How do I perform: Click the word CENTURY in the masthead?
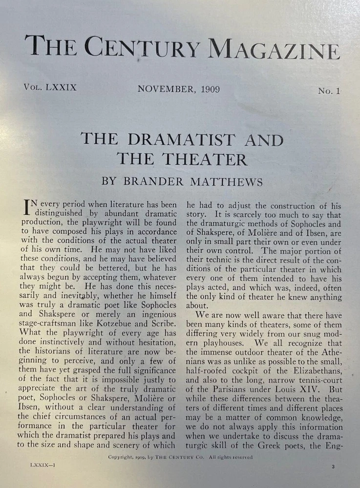coord(142,47)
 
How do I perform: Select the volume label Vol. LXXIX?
coord(49,88)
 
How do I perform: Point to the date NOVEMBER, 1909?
coord(178,89)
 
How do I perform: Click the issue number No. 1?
coord(329,91)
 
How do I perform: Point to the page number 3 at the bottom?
coord(333,467)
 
